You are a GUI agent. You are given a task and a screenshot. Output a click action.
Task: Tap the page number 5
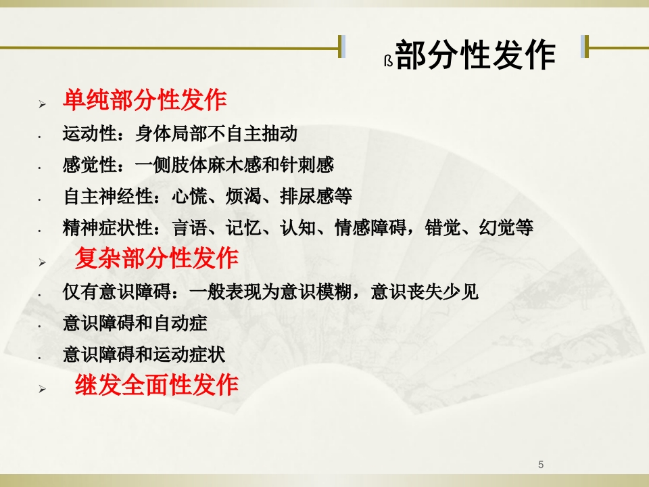click(541, 464)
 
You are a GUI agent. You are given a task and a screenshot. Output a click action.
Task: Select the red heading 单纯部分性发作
click(145, 100)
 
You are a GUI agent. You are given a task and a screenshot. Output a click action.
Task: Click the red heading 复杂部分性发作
click(156, 258)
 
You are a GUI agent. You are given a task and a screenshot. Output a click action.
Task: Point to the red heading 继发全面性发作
click(156, 384)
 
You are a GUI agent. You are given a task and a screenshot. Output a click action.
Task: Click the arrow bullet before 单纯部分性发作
click(42, 104)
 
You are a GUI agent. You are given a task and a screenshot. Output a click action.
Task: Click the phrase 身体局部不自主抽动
click(216, 134)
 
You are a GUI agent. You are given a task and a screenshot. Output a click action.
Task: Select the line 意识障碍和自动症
click(135, 323)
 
